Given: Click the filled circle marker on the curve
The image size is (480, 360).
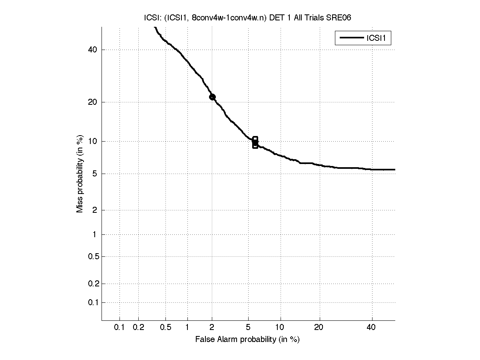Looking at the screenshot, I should (212, 97).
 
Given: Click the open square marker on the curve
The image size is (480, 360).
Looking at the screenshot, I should (255, 142).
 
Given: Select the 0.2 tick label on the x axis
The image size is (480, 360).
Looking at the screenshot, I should (138, 328).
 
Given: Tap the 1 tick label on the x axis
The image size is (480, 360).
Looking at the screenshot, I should (187, 328).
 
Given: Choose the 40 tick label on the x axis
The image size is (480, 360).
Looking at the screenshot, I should (372, 328).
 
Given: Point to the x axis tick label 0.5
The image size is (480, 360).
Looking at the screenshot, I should (165, 328).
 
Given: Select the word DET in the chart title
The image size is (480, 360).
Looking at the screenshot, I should (277, 18).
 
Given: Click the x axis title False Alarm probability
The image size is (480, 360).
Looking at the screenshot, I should (247, 340).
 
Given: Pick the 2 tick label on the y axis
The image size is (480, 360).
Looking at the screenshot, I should (94, 210).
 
